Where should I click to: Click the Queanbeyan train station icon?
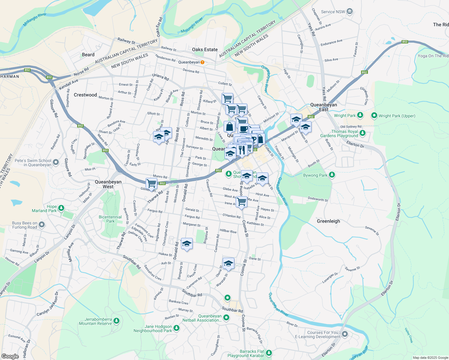click(x=202, y=62)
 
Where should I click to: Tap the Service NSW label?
click(x=333, y=12)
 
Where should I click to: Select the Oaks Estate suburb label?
click(x=205, y=49)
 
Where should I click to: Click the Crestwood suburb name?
click(x=85, y=95)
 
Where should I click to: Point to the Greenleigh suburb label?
click(x=328, y=221)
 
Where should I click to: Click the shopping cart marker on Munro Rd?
click(x=152, y=183)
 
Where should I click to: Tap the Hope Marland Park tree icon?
click(x=61, y=208)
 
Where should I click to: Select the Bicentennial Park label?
click(x=110, y=219)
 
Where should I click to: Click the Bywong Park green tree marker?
click(x=332, y=175)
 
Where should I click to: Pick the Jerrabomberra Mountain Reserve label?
click(x=95, y=321)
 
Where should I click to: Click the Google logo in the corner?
click(x=10, y=356)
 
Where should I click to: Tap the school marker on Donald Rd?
click(x=186, y=244)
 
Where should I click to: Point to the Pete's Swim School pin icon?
click(x=56, y=163)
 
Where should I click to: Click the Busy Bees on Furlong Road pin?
click(x=42, y=224)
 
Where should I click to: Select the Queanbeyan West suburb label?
click(x=108, y=184)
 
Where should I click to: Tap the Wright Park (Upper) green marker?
click(x=374, y=115)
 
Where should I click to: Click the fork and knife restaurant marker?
click(x=242, y=150)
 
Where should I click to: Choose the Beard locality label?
click(x=88, y=55)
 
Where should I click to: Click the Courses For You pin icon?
click(x=345, y=334)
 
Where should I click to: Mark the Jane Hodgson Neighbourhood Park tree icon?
click(x=176, y=329)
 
